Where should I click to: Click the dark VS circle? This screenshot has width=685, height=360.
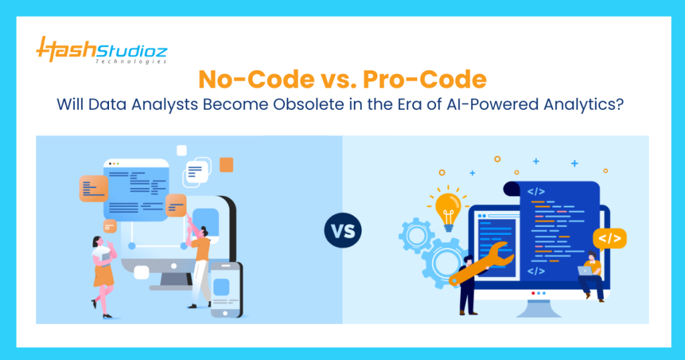(342, 231)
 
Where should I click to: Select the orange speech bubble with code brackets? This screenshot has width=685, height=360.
(610, 239)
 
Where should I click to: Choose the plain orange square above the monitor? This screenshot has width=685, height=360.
(226, 165)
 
